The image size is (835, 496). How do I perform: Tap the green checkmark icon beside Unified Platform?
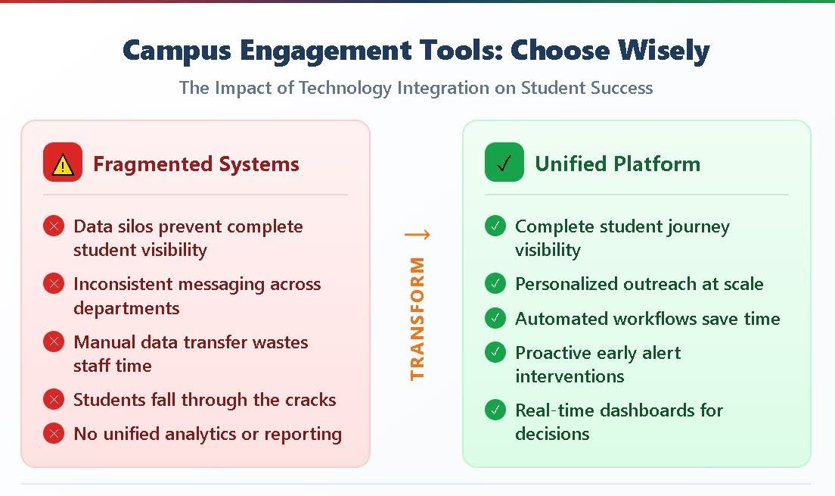[504, 163]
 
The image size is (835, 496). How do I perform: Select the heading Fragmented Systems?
[196, 164]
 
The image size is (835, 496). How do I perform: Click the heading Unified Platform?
[617, 164]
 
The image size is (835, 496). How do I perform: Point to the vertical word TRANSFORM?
[417, 318]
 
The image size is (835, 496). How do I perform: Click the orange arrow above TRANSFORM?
[417, 234]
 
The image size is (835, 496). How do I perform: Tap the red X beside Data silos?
[54, 226]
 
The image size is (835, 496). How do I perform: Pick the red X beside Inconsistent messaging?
[54, 284]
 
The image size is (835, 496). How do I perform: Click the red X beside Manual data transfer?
[54, 342]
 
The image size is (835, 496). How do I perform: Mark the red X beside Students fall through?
[54, 399]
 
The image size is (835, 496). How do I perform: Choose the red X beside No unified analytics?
[54, 434]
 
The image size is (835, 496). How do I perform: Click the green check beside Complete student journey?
[495, 226]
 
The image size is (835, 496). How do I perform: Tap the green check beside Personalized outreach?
[495, 284]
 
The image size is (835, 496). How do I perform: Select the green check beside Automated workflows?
[495, 318]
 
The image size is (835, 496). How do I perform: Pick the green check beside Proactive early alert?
[495, 352]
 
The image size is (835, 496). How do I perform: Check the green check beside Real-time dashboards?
[495, 410]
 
